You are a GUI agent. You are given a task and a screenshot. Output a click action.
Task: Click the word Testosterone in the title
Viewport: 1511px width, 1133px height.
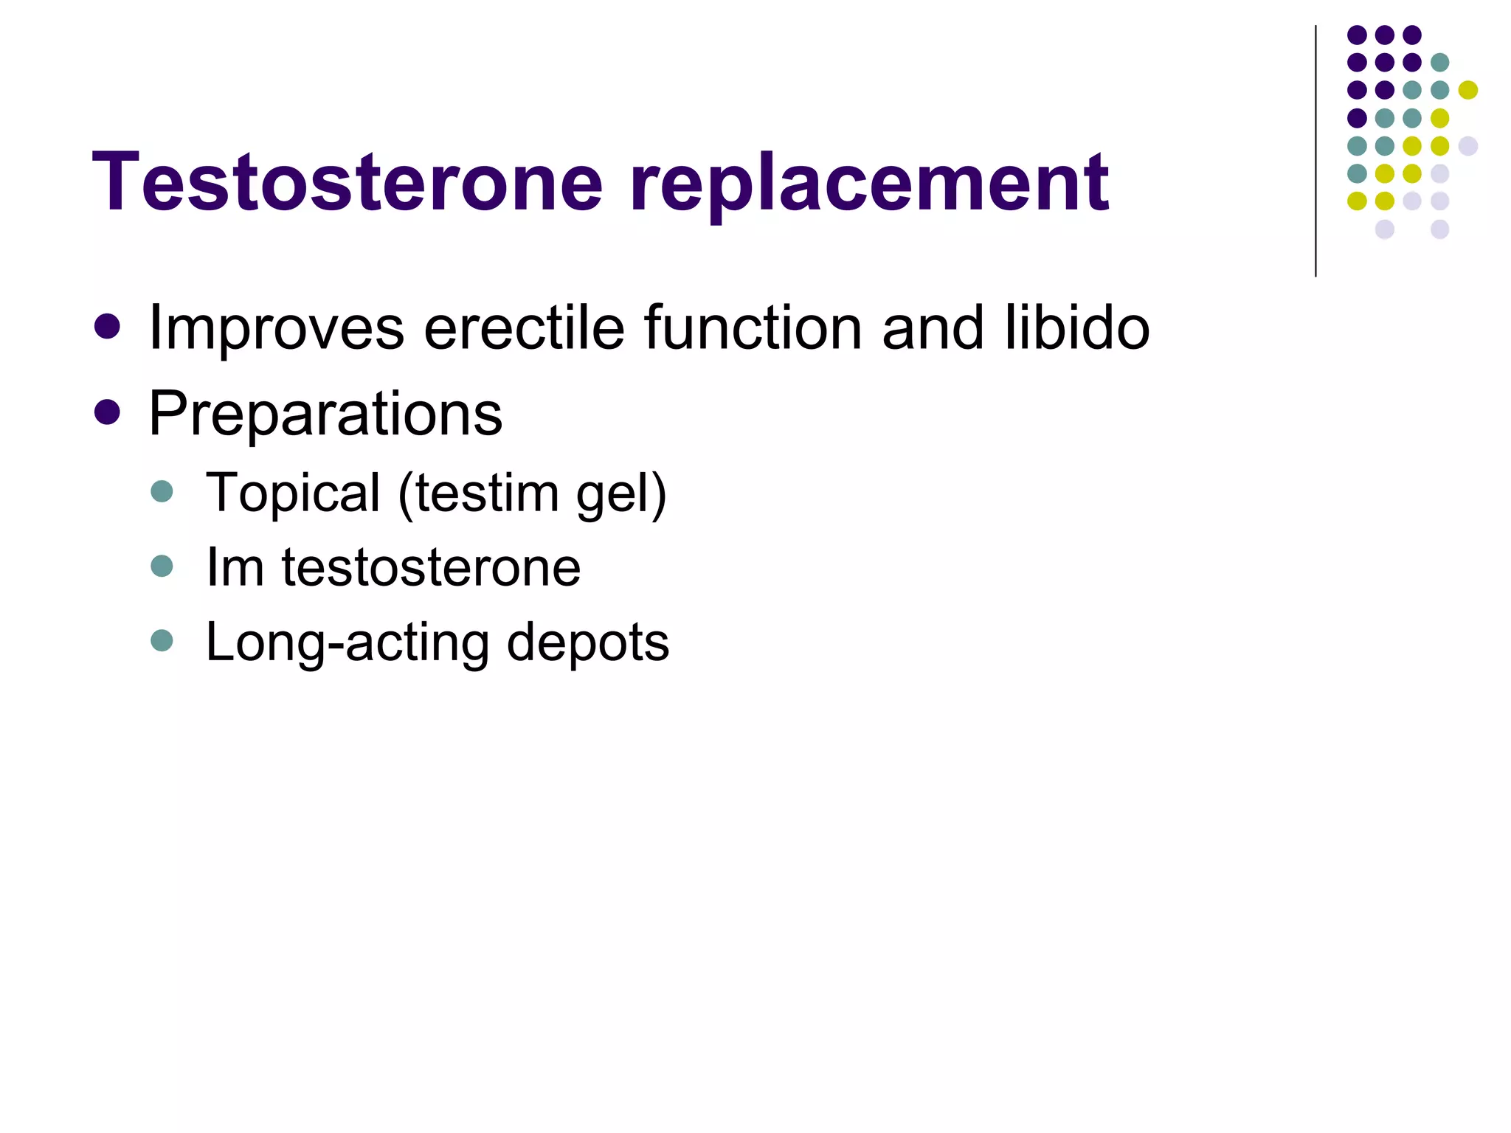click(348, 182)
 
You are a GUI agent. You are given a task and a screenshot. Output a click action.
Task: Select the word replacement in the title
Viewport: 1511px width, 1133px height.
click(869, 184)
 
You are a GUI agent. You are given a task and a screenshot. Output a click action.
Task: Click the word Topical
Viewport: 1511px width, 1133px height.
click(293, 493)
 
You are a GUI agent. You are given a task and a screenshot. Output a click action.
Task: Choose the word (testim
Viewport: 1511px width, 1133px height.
click(479, 493)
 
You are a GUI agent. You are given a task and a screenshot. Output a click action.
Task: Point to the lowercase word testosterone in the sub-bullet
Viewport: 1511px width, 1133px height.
click(431, 569)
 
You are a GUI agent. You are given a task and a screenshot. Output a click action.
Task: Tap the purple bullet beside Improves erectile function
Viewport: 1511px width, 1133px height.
click(108, 327)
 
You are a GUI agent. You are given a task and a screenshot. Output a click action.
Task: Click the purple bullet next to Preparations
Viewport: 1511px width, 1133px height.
click(108, 412)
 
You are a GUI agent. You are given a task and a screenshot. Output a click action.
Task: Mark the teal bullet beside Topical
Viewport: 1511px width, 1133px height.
click(162, 491)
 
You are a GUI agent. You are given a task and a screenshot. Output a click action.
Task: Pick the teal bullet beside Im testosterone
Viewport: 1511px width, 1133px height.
click(162, 566)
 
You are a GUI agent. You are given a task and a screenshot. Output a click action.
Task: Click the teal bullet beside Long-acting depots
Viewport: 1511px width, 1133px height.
click(162, 640)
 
